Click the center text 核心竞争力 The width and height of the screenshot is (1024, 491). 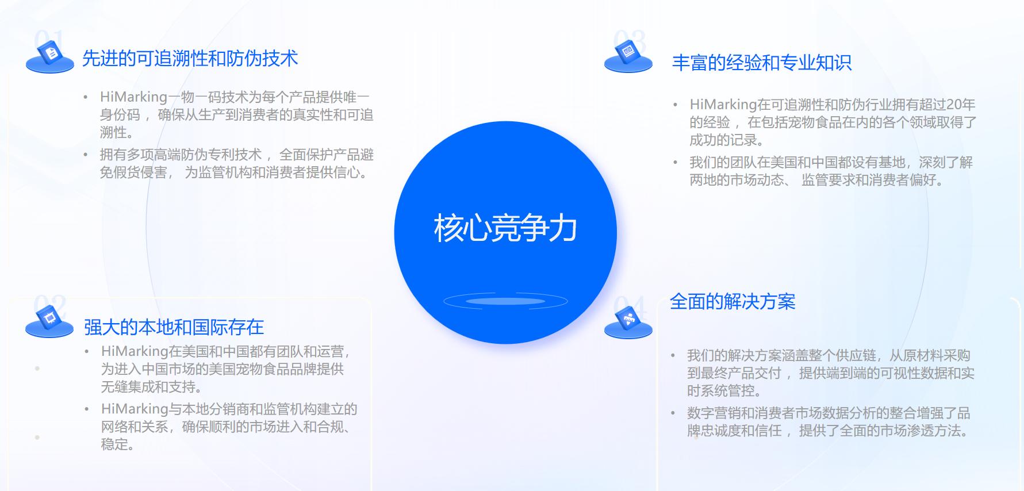point(505,228)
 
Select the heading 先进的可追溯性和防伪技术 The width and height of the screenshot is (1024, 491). point(190,59)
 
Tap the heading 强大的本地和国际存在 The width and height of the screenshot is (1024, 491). point(174,327)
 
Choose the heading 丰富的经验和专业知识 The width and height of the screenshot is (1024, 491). point(762,63)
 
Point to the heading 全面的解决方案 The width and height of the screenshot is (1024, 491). point(732,302)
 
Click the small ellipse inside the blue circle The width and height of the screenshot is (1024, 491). point(505,301)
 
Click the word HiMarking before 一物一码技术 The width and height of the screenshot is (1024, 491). point(133,97)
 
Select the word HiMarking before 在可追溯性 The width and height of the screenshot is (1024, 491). point(723,105)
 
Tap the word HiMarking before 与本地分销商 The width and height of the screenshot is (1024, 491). point(135,409)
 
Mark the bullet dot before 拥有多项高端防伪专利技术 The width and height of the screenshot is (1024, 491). point(86,155)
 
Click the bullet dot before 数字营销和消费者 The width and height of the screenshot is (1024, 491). point(673,413)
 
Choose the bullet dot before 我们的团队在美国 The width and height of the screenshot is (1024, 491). point(675,163)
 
